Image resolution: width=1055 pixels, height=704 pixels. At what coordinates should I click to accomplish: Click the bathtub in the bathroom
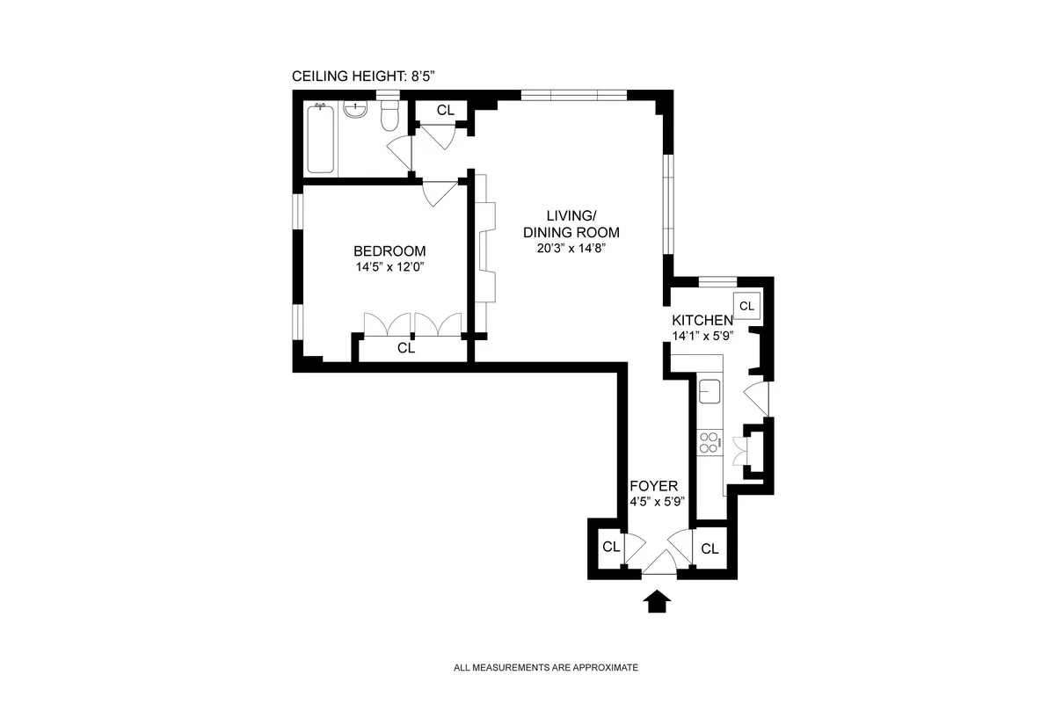click(x=321, y=139)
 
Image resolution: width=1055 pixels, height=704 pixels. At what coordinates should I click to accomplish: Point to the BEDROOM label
click(x=389, y=250)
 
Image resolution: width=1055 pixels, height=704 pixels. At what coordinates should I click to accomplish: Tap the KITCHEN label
click(x=702, y=320)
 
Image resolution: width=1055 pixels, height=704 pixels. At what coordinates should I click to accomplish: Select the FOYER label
click(x=653, y=486)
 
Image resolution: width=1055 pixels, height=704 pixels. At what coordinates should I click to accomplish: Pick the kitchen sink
click(x=709, y=390)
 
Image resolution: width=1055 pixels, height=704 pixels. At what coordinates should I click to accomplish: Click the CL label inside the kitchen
click(x=746, y=306)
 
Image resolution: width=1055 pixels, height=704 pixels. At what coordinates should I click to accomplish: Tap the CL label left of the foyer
click(x=611, y=547)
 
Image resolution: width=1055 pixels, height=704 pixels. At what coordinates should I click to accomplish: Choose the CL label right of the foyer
click(x=709, y=548)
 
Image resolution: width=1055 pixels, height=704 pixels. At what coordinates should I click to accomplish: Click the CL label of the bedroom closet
click(x=405, y=348)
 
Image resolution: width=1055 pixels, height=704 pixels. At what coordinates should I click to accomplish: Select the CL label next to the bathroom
click(x=446, y=110)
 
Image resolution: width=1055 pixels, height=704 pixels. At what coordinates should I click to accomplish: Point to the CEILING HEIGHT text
click(x=363, y=77)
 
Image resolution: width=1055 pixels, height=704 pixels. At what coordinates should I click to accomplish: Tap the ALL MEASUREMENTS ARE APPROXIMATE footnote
click(x=545, y=668)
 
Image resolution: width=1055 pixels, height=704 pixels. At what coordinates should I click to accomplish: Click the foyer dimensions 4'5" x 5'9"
click(x=657, y=502)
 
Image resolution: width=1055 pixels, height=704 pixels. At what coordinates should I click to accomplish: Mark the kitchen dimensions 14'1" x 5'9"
click(x=702, y=335)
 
